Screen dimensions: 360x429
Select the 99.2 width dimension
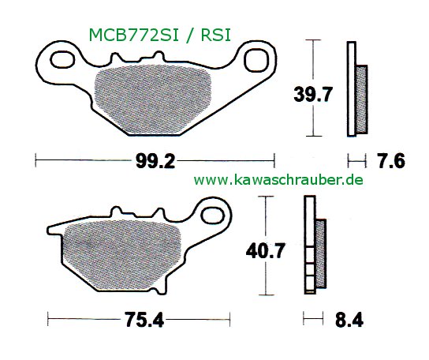[154, 163]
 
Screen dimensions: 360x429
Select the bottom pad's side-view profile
[314, 253]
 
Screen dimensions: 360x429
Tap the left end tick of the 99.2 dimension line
[36, 163]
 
